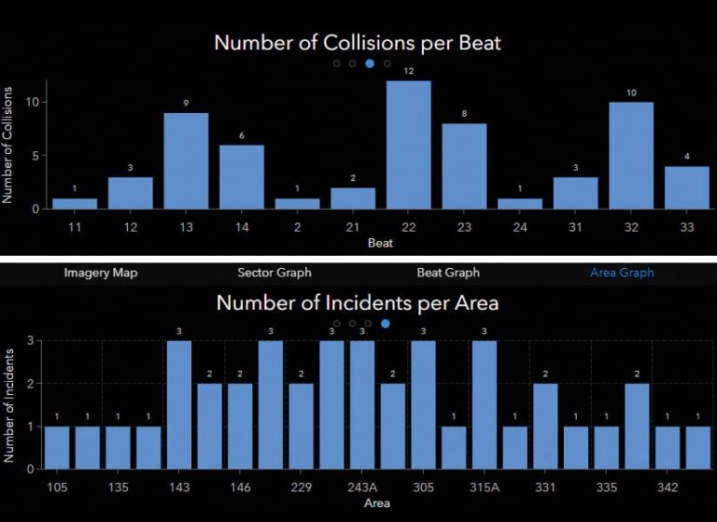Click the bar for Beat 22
[x=409, y=145]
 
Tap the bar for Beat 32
[x=631, y=155]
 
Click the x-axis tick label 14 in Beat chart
[x=242, y=226]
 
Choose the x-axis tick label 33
[x=686, y=226]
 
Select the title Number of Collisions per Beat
[x=358, y=42]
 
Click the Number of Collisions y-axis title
[x=8, y=145]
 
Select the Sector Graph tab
[x=274, y=273]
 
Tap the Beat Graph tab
[x=448, y=273]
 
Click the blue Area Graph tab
[x=622, y=273]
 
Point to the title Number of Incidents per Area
[x=358, y=303]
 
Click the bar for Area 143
[x=179, y=404]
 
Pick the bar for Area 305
[x=423, y=404]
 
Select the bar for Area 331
[x=545, y=426]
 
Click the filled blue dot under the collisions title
[x=370, y=63]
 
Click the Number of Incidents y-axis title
[x=8, y=404]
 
